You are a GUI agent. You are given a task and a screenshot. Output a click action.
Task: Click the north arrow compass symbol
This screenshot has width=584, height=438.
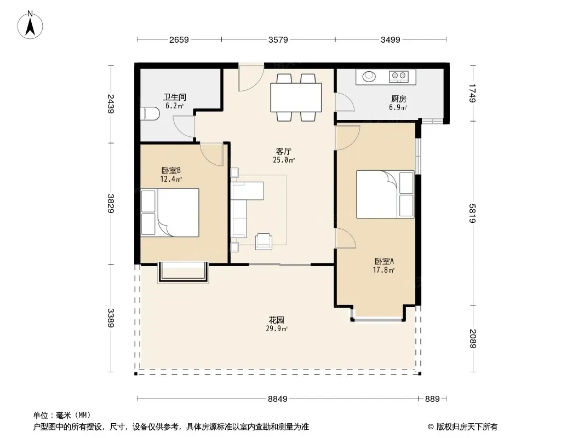click(x=30, y=25)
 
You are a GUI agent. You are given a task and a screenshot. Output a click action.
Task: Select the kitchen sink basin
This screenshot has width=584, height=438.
click(x=369, y=76)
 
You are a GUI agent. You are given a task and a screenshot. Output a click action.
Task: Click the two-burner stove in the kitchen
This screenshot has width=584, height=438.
click(x=398, y=76)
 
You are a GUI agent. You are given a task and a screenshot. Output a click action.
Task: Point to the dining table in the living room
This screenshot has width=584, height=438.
click(x=296, y=97)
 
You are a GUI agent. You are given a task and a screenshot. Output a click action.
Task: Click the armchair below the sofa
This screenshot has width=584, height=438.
click(x=264, y=241)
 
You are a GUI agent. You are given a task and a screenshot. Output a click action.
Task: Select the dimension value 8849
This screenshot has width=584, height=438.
click(x=277, y=399)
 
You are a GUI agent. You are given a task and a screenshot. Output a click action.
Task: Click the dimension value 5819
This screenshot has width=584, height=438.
click(x=472, y=213)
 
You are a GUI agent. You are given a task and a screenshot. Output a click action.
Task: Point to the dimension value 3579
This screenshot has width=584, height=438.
click(x=278, y=39)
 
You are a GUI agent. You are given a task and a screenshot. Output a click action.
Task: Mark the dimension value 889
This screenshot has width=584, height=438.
click(x=432, y=399)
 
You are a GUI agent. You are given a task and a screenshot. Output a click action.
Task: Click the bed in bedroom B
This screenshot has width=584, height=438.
click(x=170, y=212)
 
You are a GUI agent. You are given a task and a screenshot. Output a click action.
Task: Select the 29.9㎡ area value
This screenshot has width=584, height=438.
click(x=276, y=329)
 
